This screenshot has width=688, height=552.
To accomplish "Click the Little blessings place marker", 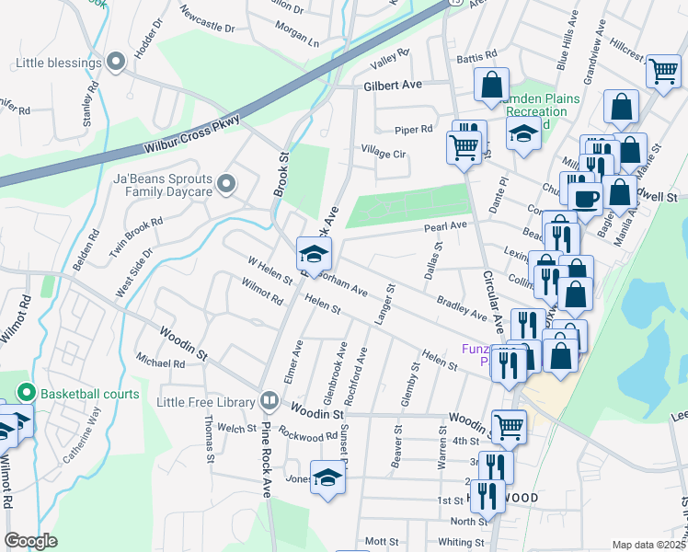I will coord(115,63).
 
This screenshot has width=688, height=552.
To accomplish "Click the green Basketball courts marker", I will coord(26,394).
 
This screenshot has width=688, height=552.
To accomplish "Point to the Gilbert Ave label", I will coord(392,84).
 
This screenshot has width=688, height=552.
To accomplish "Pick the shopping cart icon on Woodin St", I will coord(509,426).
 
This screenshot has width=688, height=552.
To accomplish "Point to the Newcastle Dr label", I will coord(209,22).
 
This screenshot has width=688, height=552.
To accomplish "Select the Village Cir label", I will coord(384,152).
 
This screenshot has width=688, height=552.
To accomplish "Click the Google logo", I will coord(31,541).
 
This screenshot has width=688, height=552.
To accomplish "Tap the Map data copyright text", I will coord(649,545).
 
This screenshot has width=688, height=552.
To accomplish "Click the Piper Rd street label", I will coord(414,130).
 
